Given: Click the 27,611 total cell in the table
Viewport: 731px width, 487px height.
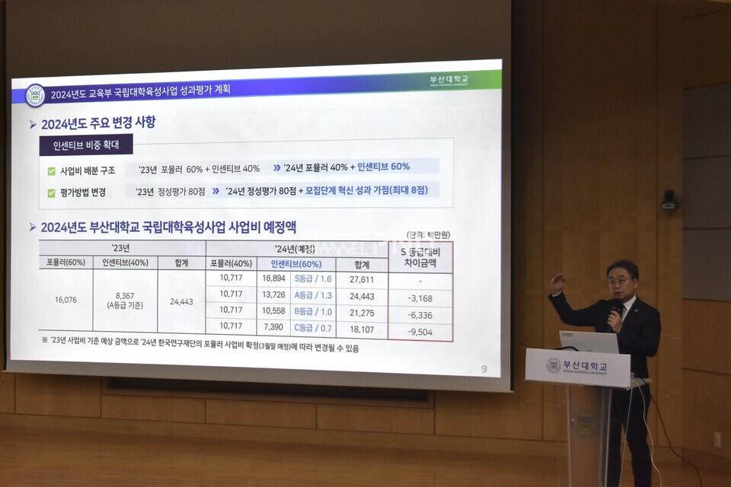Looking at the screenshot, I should pyautogui.click(x=362, y=279).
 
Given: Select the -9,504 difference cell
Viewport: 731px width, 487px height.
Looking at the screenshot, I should pyautogui.click(x=420, y=332).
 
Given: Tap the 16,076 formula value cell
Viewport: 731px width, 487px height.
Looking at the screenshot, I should pyautogui.click(x=65, y=300).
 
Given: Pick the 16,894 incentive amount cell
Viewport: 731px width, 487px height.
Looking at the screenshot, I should pyautogui.click(x=273, y=279).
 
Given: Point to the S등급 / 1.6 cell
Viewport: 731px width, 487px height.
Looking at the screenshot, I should pyautogui.click(x=313, y=279).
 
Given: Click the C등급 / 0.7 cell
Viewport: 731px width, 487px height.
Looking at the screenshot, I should pyautogui.click(x=313, y=327).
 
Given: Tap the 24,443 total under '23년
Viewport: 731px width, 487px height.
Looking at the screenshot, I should pyautogui.click(x=181, y=301).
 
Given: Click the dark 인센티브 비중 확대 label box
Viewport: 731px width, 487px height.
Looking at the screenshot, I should pyautogui.click(x=87, y=145).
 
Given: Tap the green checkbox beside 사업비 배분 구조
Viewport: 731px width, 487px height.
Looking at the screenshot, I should pyautogui.click(x=52, y=171).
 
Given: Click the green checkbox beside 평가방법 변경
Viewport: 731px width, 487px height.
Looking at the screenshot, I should pyautogui.click(x=52, y=193).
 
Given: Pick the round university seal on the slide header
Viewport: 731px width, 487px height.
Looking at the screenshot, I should pyautogui.click(x=35, y=95).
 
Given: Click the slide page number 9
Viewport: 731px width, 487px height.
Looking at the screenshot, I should pyautogui.click(x=484, y=369).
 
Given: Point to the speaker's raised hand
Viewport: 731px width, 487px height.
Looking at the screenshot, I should pyautogui.click(x=558, y=282).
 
